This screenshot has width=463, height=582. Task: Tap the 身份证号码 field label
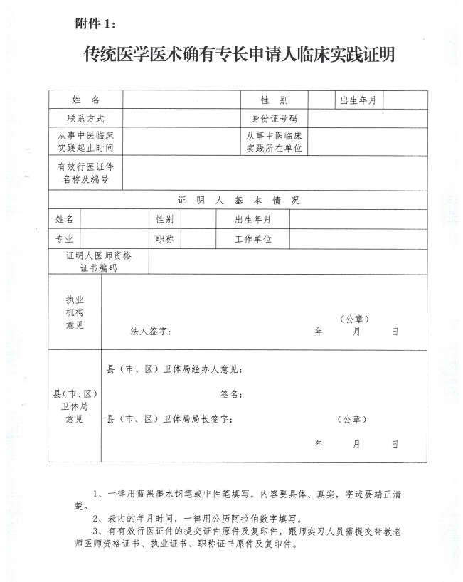tap(274, 118)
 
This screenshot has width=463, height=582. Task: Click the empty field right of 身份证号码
tap(368, 118)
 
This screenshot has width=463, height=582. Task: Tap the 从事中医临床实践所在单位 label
tap(274, 142)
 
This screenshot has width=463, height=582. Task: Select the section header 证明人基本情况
tap(238, 201)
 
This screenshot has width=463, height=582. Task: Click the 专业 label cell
tap(64, 239)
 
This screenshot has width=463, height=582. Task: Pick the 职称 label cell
tap(164, 239)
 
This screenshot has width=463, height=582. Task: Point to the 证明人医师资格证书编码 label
tap(98, 262)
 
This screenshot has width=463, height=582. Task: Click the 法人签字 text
tap(150, 332)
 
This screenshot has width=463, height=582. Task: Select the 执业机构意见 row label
tap(75, 312)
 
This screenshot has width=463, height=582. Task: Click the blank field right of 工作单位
tap(358, 239)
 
